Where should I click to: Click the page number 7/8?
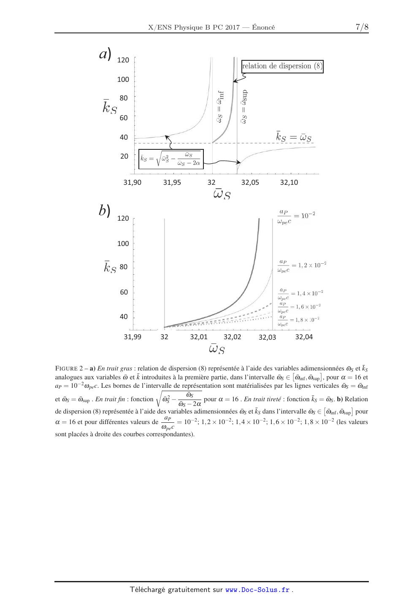pos(362,27)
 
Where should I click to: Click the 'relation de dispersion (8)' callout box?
pos(282,66)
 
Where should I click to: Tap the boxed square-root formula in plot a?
pos(171,159)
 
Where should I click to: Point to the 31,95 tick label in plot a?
pos(172,183)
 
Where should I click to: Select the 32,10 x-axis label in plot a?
pos(289,183)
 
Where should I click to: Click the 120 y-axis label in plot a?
pos(123,60)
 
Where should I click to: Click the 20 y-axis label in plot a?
pos(124,156)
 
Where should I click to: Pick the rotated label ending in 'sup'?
pos(244,107)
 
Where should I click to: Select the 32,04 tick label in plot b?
pos(304,337)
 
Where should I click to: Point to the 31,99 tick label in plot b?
pos(132,337)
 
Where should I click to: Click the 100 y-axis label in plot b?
pos(123,243)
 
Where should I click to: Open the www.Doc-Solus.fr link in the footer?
pos(257,590)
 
